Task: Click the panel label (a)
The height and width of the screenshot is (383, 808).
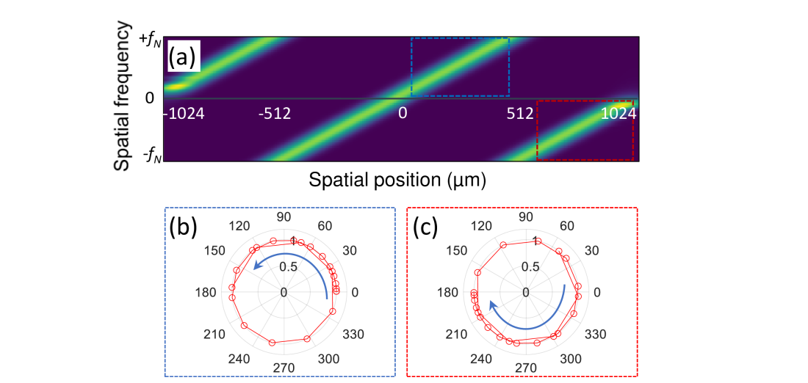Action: [x=182, y=57]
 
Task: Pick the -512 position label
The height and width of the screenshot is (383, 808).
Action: [x=275, y=114]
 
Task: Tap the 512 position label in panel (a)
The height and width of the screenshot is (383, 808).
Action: [x=520, y=114]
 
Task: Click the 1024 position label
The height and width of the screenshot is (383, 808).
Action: [x=616, y=114]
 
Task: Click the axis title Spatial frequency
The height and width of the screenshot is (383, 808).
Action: [x=123, y=97]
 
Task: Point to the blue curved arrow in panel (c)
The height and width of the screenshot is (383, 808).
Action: [x=529, y=316]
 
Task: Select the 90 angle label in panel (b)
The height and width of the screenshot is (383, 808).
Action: [x=284, y=218]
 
